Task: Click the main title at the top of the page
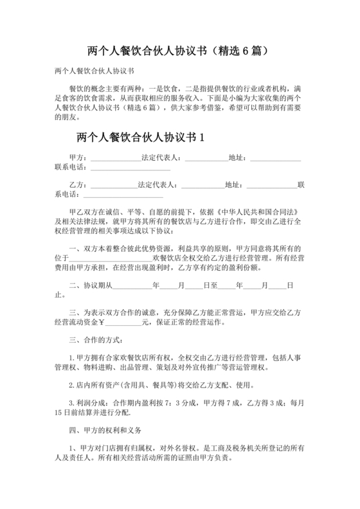[x=180, y=49]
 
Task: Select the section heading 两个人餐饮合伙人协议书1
[x=139, y=137]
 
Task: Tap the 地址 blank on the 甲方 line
[x=275, y=159]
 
